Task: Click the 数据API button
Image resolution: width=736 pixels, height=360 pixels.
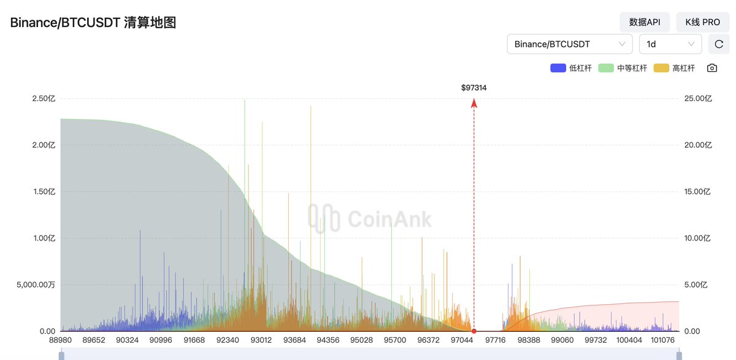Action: (645, 22)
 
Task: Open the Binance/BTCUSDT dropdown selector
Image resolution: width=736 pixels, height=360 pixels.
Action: (570, 44)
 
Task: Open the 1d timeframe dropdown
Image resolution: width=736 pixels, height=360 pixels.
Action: (670, 44)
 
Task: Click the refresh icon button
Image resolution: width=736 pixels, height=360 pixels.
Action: (719, 44)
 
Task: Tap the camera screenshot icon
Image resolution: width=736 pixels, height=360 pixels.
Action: (711, 68)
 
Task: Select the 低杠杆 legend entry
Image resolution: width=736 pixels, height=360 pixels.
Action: (571, 68)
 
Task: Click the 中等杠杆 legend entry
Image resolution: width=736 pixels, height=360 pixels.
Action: (623, 68)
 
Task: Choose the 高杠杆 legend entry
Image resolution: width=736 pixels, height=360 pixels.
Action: (675, 68)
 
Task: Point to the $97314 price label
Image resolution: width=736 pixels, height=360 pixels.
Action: (474, 88)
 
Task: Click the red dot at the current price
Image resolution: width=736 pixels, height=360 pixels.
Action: (474, 331)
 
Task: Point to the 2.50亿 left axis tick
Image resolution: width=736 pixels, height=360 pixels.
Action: (44, 98)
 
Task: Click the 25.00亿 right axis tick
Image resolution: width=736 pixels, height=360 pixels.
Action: (698, 98)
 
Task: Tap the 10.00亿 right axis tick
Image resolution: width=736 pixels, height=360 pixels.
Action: (698, 238)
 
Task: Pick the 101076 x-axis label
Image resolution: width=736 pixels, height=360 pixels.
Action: (662, 340)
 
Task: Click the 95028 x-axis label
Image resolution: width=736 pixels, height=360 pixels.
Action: (361, 340)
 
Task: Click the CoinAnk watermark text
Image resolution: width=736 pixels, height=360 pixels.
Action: (389, 219)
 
